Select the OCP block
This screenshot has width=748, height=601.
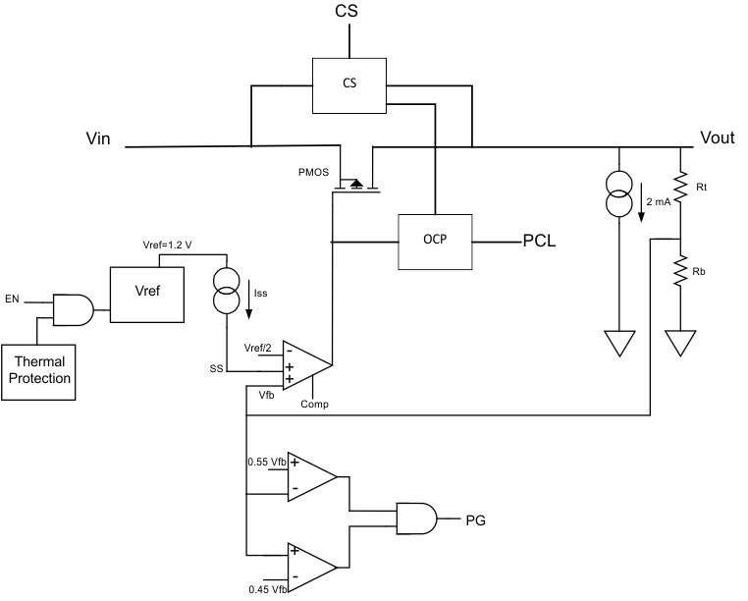tap(435, 242)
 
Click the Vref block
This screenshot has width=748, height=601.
tap(146, 294)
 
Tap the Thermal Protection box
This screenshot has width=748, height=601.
tap(39, 369)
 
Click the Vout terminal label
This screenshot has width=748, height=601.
tap(717, 138)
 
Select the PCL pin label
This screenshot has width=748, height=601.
tap(539, 243)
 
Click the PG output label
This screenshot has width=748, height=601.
tap(476, 519)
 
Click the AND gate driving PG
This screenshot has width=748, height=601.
tap(416, 518)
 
